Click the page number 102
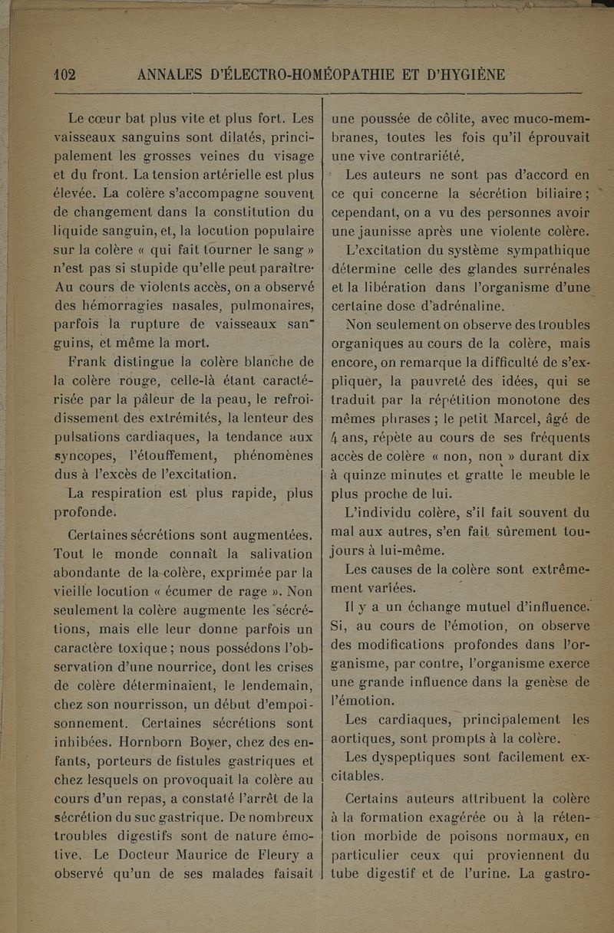pos(63,75)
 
